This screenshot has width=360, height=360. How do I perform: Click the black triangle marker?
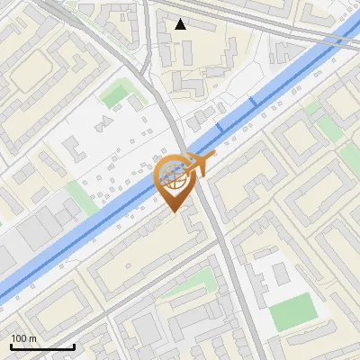182,24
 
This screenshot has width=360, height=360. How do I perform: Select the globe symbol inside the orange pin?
175,177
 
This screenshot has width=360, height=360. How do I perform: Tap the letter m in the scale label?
34,337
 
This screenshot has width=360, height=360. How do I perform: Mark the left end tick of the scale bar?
10,346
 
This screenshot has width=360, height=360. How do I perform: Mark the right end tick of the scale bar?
74,346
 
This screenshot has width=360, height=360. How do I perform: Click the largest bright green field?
292,311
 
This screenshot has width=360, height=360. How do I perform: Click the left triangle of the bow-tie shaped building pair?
98,121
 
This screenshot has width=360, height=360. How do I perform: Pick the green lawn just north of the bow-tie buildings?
115,94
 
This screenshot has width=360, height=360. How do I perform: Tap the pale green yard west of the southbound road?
193,286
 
